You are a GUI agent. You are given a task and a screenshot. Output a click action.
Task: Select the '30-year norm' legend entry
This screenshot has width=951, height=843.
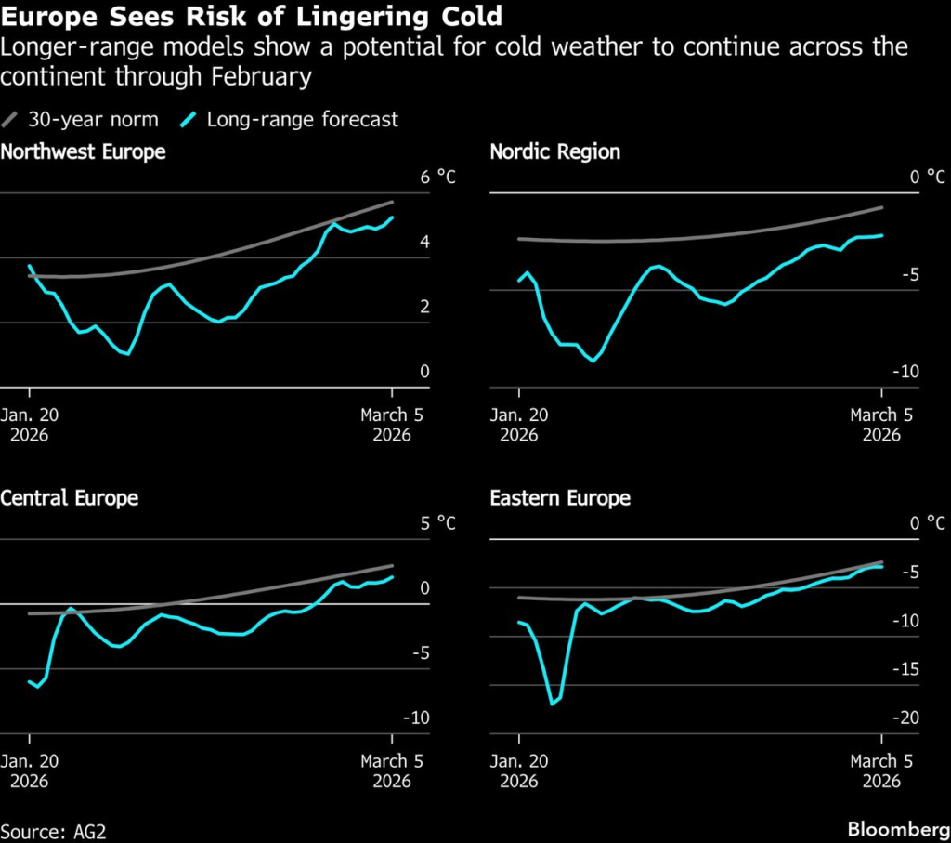82,119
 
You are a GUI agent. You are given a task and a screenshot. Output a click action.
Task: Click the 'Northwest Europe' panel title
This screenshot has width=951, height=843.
84,151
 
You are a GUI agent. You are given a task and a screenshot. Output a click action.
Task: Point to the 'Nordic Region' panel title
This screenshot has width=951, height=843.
554,151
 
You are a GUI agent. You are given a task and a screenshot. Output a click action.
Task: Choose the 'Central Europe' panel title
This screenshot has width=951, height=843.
70,497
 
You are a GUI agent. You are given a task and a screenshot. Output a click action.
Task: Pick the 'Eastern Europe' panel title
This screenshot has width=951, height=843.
560,497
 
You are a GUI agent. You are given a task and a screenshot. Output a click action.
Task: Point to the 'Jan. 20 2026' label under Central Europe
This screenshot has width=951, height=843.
30,771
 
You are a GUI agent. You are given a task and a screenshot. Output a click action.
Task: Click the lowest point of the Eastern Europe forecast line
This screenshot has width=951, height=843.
552,704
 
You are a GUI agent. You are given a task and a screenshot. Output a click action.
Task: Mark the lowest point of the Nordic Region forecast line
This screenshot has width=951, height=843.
593,360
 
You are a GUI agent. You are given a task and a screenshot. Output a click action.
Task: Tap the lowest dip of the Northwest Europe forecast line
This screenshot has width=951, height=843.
125,354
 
